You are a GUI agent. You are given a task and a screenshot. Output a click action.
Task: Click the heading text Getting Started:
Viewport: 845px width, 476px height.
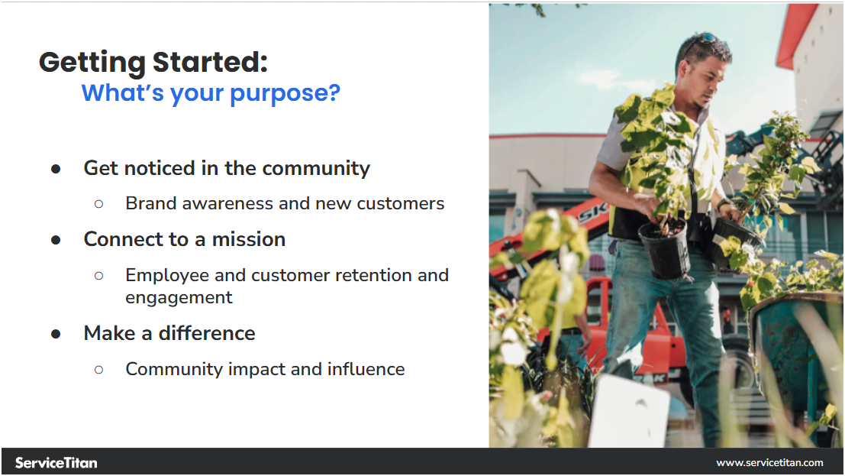coord(153,62)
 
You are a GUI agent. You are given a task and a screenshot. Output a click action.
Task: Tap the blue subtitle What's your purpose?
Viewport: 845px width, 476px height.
coord(211,93)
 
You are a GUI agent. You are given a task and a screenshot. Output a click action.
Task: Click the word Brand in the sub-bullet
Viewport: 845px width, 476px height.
coord(151,203)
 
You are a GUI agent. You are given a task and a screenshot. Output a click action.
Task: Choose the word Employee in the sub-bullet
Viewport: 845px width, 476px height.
coord(167,276)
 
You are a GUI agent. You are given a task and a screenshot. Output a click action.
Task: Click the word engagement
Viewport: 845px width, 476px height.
coord(179,298)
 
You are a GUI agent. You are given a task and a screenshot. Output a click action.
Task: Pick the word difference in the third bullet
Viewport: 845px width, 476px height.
coord(206,334)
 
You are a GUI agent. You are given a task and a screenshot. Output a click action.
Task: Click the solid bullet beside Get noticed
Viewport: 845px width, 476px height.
coord(56,170)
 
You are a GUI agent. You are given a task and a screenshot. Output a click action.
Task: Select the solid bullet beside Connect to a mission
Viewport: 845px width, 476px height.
coord(56,240)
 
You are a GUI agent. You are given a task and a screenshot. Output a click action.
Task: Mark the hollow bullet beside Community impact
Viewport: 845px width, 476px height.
coord(98,371)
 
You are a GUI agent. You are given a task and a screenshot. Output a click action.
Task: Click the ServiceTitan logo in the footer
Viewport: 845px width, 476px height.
coord(56,462)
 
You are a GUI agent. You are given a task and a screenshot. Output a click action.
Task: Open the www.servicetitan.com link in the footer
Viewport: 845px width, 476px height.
coord(769,462)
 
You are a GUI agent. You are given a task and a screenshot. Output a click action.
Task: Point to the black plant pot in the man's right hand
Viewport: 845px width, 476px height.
coord(664,249)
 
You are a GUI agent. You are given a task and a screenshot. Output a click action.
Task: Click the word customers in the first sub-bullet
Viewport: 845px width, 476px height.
coord(401,203)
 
